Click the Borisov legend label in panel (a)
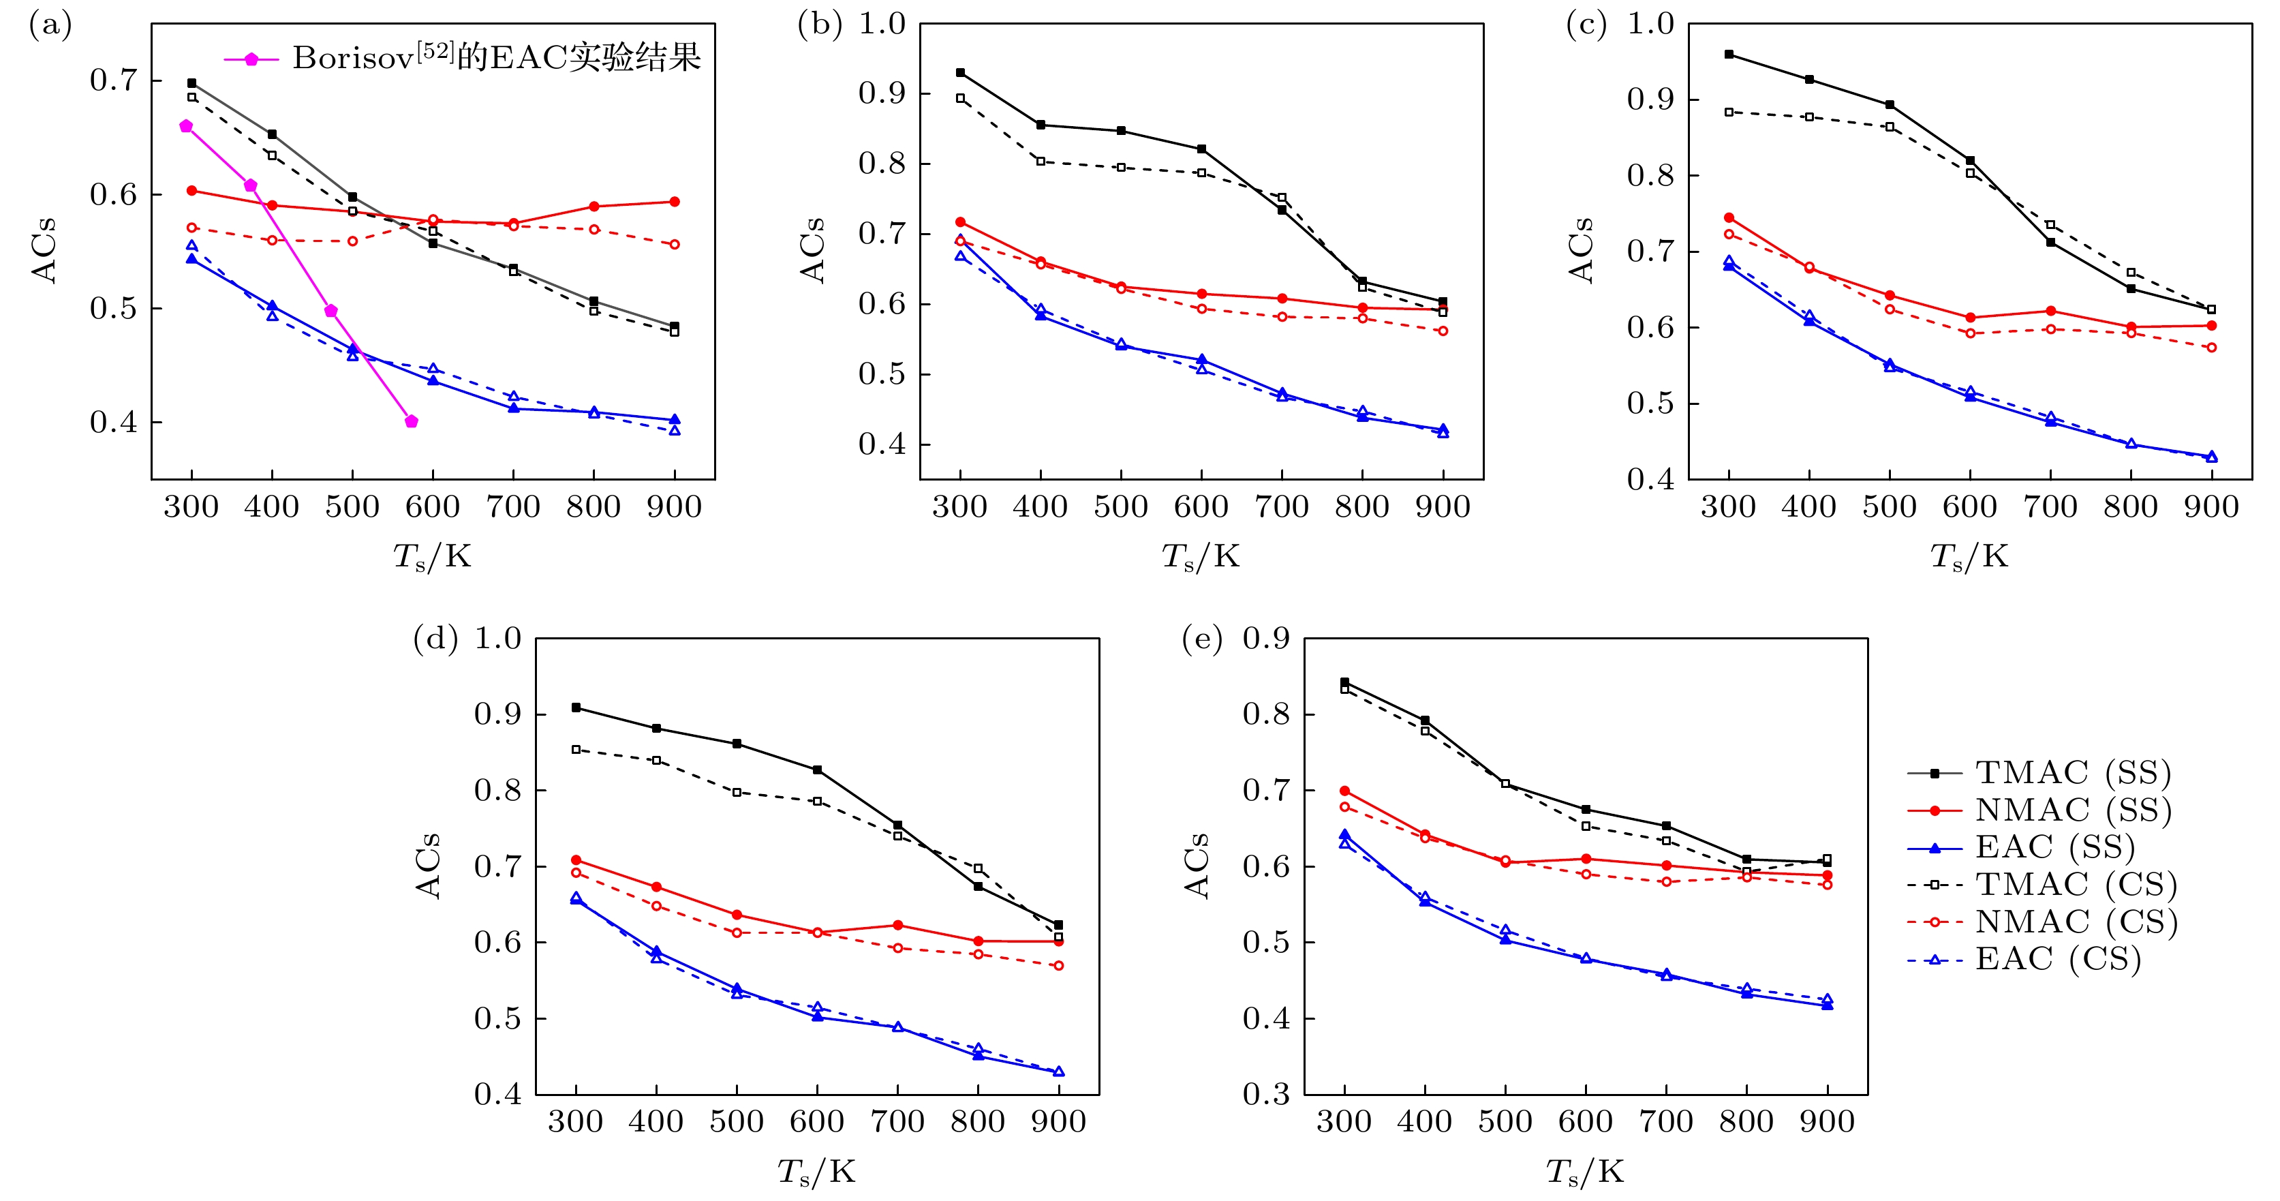(495, 59)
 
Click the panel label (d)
(435, 639)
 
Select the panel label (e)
(1203, 639)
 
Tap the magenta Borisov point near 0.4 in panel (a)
(412, 421)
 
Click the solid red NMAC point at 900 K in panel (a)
(675, 202)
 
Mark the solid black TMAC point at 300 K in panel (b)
(960, 72)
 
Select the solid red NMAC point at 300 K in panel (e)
(1344, 791)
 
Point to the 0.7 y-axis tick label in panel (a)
(113, 80)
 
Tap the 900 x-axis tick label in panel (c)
(2211, 507)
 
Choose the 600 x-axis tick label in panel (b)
(1201, 507)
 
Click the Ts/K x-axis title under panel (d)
(816, 1172)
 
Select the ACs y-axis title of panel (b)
(812, 250)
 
